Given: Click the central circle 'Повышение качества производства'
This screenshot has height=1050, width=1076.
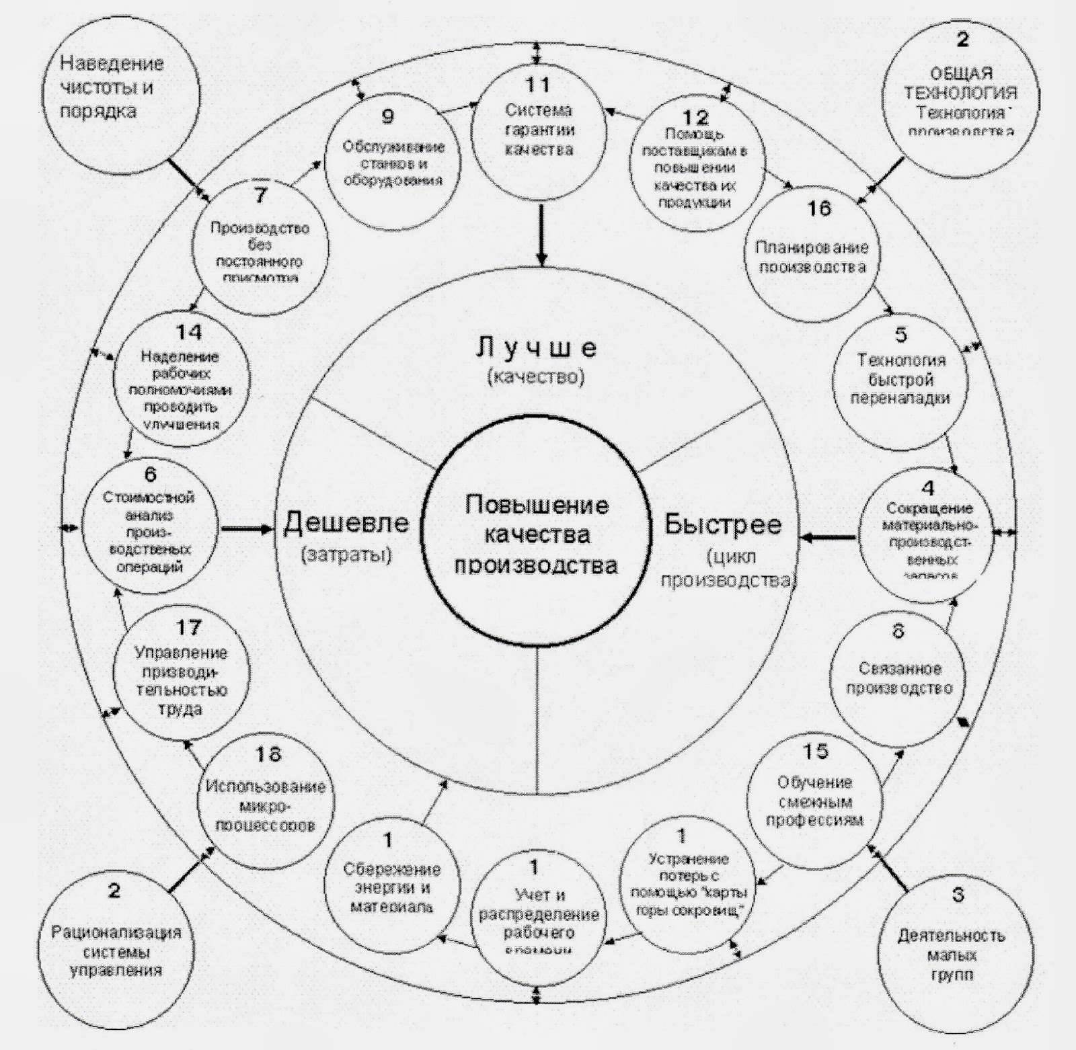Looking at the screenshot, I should click(537, 534).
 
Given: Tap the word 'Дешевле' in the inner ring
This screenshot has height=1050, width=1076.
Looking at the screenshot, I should click(346, 522).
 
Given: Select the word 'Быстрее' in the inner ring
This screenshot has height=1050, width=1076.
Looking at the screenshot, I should click(723, 524).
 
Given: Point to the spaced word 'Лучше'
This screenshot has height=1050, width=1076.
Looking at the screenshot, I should click(536, 348).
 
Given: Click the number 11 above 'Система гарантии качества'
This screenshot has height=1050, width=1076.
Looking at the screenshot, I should click(538, 85).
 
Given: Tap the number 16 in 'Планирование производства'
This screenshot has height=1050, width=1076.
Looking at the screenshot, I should click(819, 209).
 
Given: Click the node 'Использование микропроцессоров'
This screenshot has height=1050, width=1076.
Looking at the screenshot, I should click(266, 805).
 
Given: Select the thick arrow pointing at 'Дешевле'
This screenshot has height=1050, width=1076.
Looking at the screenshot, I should click(247, 529).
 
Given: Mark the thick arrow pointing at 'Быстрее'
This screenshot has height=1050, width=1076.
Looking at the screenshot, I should click(829, 536).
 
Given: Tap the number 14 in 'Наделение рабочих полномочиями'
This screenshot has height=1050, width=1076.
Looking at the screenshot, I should click(189, 332).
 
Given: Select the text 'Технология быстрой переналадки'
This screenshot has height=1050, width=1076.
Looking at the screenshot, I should click(900, 378).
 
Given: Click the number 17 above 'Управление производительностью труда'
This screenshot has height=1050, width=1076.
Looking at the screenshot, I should click(188, 627).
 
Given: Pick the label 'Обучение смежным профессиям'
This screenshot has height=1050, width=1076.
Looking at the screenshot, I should click(814, 801).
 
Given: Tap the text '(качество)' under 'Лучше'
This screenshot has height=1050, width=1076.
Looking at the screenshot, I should click(536, 376).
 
